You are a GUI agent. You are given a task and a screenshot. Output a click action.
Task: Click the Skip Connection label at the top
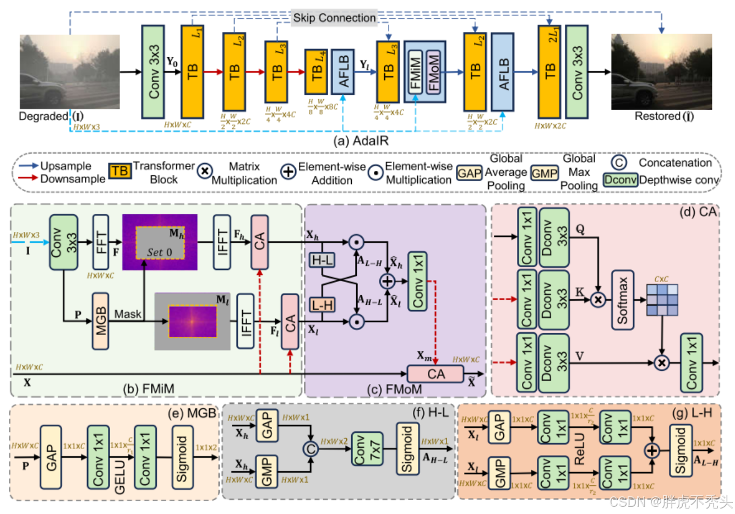pos(334,18)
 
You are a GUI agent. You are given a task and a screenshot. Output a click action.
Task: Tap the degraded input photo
pos(69,72)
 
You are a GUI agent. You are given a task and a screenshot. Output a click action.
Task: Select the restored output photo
pos(661,72)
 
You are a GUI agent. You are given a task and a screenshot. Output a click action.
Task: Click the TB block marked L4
pos(316,72)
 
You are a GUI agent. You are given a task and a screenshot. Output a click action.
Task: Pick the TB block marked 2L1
pos(549,72)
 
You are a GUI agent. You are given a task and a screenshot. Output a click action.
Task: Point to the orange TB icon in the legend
pos(119,171)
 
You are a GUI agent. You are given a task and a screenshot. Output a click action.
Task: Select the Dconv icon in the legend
pos(620,180)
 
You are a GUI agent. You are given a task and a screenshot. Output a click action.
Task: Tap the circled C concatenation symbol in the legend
pos(619,163)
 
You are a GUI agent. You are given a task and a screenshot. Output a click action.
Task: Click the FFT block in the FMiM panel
pos(101,242)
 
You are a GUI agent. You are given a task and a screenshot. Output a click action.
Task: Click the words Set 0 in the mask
pos(159,252)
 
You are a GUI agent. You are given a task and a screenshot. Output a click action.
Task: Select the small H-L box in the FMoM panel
pos(322,260)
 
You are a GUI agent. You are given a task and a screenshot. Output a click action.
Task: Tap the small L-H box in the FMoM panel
pos(322,305)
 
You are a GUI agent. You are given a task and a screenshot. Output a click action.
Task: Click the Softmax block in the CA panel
pos(622,300)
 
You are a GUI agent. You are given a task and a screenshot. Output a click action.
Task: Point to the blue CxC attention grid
pos(662,300)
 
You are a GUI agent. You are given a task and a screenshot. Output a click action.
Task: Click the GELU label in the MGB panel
pos(120,477)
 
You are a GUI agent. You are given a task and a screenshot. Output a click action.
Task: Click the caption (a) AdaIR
pos(361,140)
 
